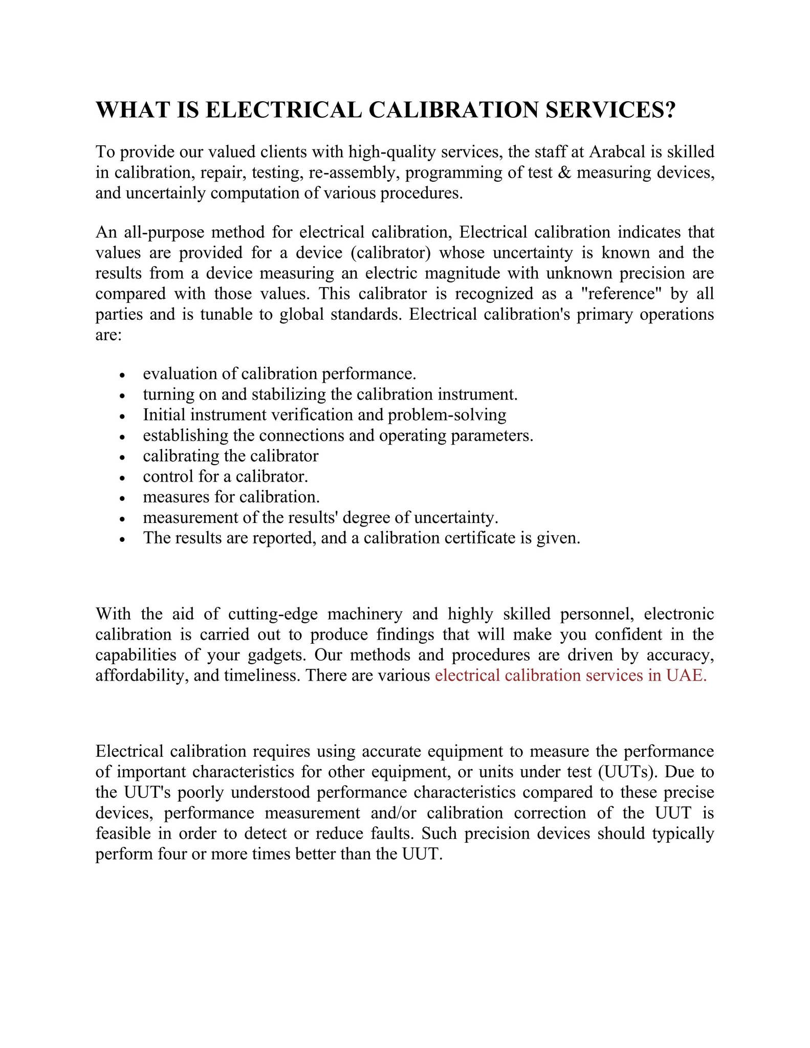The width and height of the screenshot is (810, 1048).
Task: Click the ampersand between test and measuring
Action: (x=565, y=172)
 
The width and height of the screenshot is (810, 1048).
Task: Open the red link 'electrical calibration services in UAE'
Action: (x=570, y=675)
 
